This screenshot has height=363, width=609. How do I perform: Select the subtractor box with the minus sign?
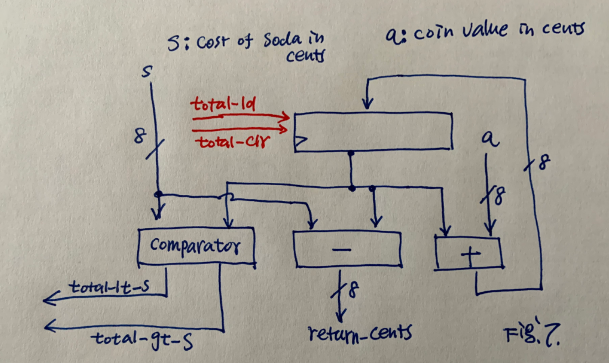[x=346, y=249]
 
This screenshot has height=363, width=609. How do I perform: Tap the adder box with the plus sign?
[x=469, y=254]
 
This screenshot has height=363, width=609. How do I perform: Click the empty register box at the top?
[x=373, y=131]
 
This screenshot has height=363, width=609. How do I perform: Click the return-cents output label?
[x=360, y=334]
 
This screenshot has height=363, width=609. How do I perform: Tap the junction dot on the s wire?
[x=159, y=194]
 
